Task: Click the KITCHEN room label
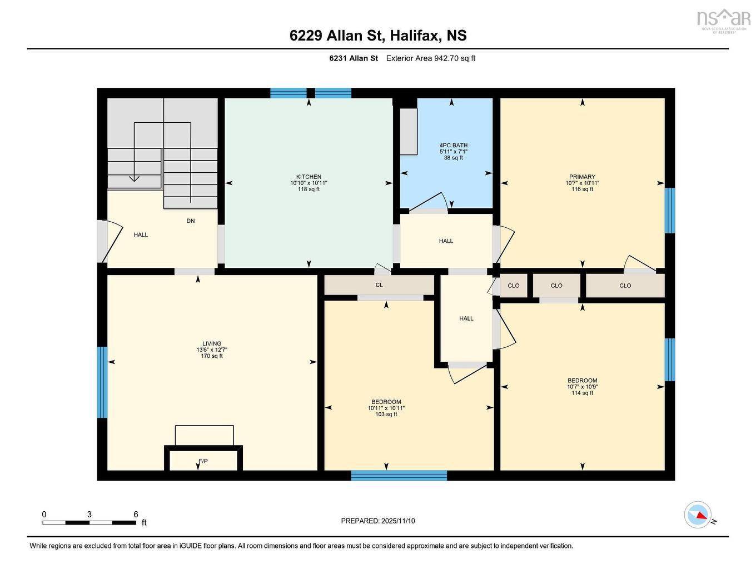pos(309,177)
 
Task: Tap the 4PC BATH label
pos(453,146)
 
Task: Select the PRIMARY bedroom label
pos(582,177)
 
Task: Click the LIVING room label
pos(212,343)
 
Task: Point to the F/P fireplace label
pos(203,461)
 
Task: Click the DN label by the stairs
pos(191,221)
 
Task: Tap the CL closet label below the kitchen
pos(379,285)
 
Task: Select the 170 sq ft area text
pos(212,356)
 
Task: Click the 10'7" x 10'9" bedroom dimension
pos(582,387)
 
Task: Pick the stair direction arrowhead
pos(134,178)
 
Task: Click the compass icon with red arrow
pos(698,515)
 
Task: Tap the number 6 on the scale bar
pos(136,515)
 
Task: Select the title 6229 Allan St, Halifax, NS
pos(378,36)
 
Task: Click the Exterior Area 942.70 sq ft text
pos(431,58)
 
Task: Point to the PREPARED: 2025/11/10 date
pos(378,521)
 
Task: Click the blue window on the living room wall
pos(102,382)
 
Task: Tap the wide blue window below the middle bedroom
pos(399,475)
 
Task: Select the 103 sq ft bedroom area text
pos(386,415)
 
